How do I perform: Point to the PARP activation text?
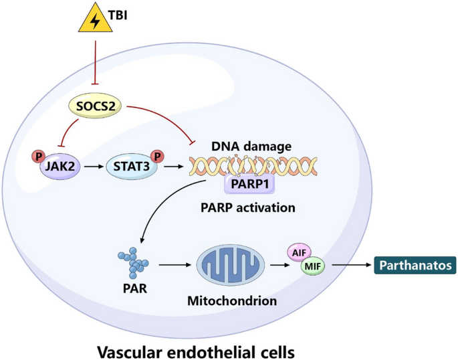click(x=247, y=207)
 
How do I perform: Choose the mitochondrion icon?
click(x=229, y=266)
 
